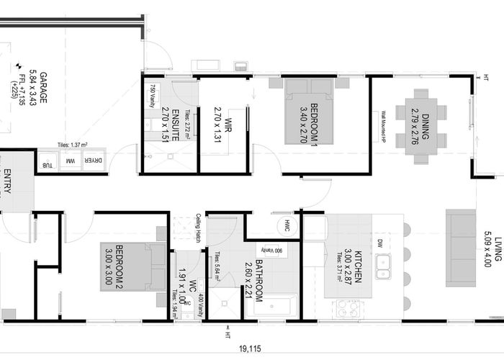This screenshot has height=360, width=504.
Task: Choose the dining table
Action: pyautogui.click(x=421, y=127)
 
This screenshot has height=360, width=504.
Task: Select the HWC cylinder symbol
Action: pyautogui.click(x=287, y=225)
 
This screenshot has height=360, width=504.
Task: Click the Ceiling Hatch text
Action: pyautogui.click(x=198, y=227)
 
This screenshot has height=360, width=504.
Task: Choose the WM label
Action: pyautogui.click(x=71, y=163)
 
